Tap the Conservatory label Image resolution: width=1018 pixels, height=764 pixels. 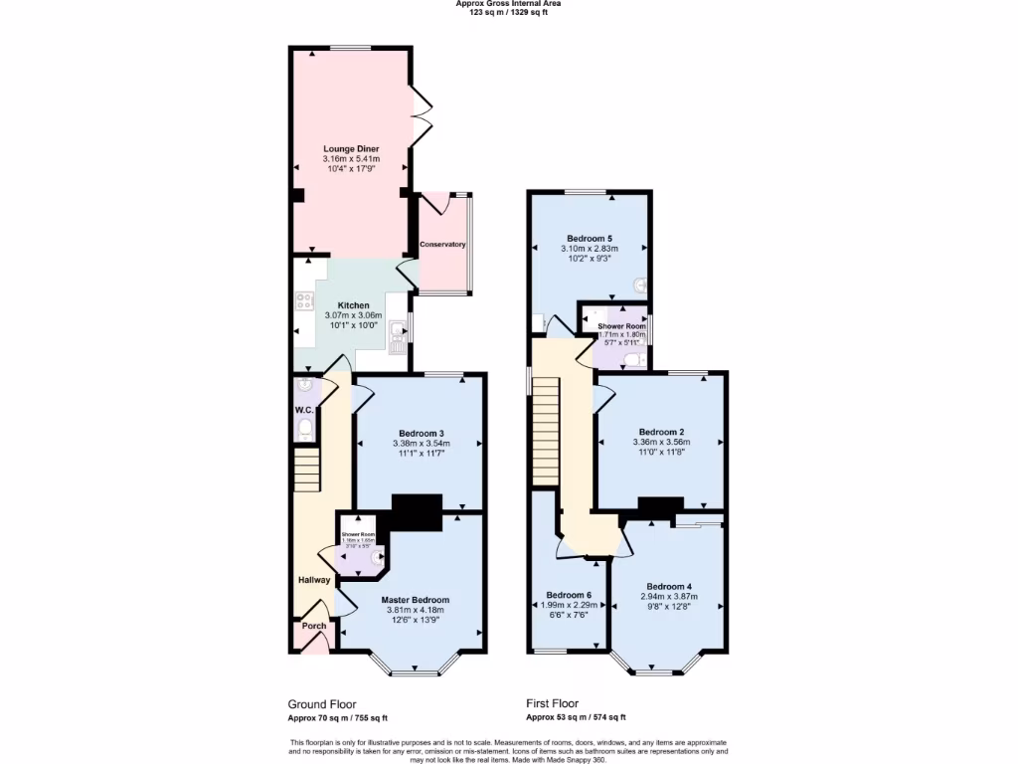[442, 245]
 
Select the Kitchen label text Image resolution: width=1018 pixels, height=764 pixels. [353, 305]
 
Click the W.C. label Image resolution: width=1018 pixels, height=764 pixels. [304, 410]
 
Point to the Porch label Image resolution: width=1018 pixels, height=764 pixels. [314, 626]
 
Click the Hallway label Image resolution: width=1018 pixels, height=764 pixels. [314, 580]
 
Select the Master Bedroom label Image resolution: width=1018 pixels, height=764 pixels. [415, 600]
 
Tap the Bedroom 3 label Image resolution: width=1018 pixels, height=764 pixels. [421, 433]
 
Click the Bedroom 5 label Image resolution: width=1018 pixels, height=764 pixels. [589, 239]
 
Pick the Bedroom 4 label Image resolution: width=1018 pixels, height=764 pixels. [668, 586]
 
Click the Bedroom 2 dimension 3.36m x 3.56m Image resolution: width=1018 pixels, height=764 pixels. [660, 442]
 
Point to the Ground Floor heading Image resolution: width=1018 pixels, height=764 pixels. [322, 703]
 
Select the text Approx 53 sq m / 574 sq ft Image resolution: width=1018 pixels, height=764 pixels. [576, 717]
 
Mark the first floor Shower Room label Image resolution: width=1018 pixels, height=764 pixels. [621, 326]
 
